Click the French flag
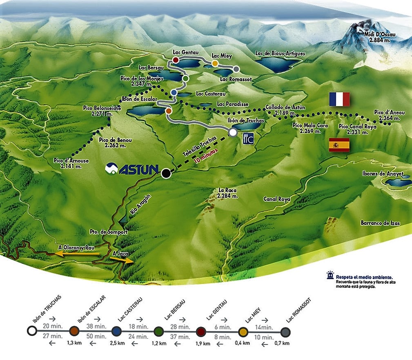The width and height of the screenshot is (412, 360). point(339,99)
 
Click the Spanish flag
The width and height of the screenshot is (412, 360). point(339,145)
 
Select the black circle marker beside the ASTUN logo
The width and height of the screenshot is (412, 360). point(166,173)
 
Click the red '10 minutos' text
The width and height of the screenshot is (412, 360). point(207,156)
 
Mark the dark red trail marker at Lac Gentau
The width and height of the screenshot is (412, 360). point(176,60)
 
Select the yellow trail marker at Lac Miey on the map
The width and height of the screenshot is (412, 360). point(215,64)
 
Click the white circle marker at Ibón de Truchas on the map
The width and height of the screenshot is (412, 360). point(233,133)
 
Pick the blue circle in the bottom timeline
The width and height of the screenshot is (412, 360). point(116,331)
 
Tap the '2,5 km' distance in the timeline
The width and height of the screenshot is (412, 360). point(117,343)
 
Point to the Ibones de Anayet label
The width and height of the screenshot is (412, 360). point(382,174)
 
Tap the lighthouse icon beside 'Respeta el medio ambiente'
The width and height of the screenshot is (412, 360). point(329,276)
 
